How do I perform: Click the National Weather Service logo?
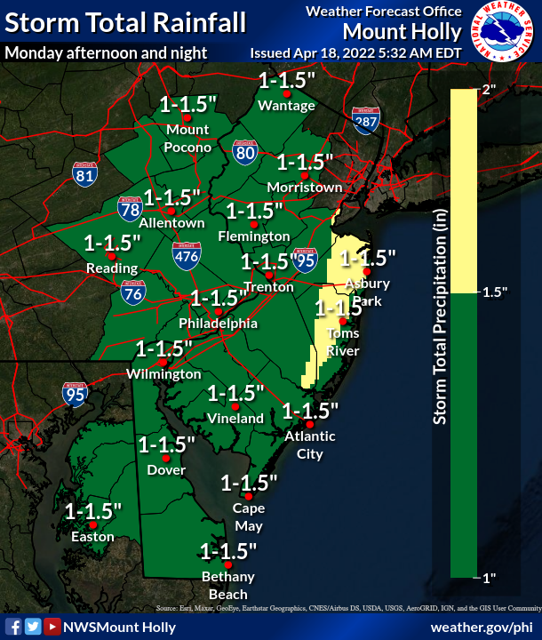504,32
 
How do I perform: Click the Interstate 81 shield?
85,173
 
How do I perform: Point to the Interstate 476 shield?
187,254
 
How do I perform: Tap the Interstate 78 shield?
130,209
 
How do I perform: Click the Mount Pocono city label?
187,138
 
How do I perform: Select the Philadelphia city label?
218,324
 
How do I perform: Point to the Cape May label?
248,516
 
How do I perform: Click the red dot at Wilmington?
163,363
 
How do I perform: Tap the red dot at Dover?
164,457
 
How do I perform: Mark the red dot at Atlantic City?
298,423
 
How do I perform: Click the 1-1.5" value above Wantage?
287,81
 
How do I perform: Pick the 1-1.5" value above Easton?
93,512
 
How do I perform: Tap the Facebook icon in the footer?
14,627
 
